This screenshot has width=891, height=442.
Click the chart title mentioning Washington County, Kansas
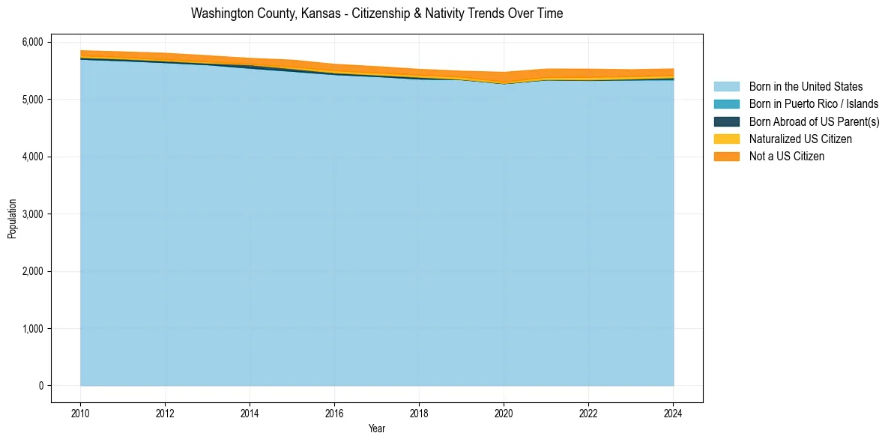[377, 13]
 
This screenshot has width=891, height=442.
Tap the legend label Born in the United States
[806, 87]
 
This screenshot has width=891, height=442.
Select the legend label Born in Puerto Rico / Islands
[813, 104]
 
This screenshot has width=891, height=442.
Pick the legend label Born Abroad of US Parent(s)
[814, 121]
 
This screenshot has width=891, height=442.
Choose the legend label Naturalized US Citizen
[800, 139]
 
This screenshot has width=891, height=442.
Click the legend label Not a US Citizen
[786, 157]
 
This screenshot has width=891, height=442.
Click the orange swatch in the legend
[726, 157]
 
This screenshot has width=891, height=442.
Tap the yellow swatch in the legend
[726, 139]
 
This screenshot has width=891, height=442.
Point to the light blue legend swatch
[726, 87]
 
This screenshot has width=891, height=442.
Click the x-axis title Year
[377, 429]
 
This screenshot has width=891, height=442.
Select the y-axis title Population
[12, 219]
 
